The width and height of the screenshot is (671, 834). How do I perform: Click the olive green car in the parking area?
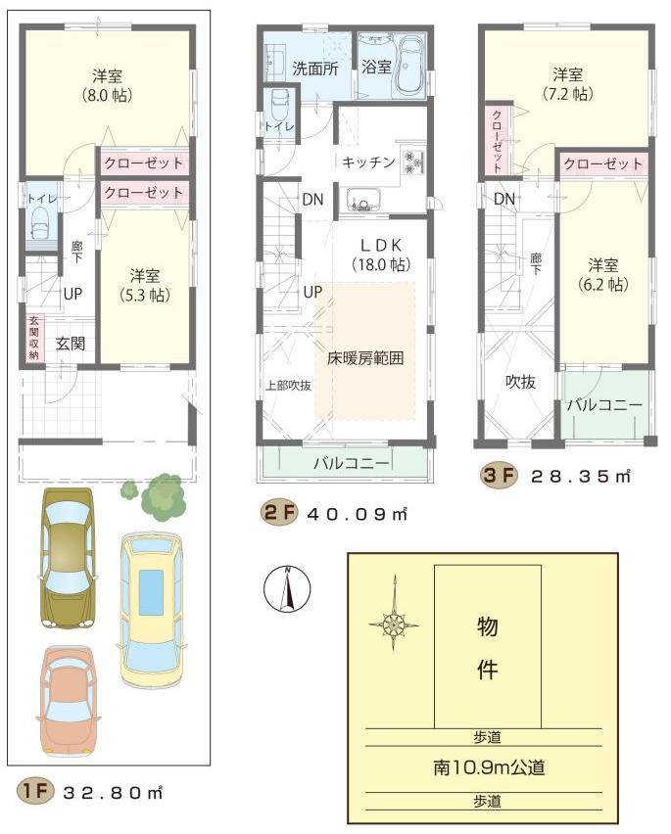point(67,559)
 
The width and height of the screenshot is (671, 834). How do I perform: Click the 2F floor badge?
point(278,513)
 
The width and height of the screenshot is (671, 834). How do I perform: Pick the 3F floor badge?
point(498,477)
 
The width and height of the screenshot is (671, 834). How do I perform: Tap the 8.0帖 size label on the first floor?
point(107,96)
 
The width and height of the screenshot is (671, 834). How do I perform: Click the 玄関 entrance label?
point(69,343)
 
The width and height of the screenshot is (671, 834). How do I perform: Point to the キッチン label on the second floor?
point(368,162)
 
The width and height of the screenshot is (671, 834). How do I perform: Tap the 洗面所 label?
point(314,68)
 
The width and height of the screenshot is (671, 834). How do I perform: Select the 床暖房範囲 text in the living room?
point(364,358)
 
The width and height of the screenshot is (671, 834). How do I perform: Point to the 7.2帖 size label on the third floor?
point(568,95)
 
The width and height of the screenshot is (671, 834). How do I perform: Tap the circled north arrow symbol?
point(287,591)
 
